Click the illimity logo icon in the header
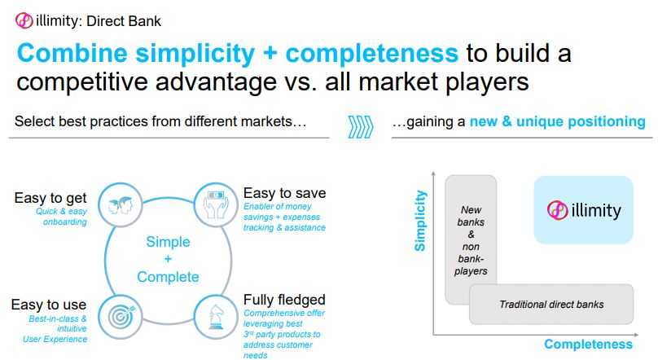point(24,20)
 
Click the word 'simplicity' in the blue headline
point(195,54)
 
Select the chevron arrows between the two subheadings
point(361,127)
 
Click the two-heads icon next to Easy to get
point(121,205)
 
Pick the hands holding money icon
point(216,204)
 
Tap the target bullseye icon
point(121,316)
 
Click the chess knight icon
point(215,317)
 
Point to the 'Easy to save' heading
point(284,193)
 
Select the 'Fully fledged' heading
point(284,300)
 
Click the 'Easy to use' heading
point(49,305)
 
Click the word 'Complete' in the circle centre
point(168,277)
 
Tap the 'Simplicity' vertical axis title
point(420,221)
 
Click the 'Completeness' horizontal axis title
point(588,344)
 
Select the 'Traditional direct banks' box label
point(551,304)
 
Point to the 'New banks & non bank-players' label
point(471,240)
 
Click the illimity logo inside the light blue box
point(584,210)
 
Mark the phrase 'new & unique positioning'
point(557,121)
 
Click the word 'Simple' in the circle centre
point(168,242)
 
